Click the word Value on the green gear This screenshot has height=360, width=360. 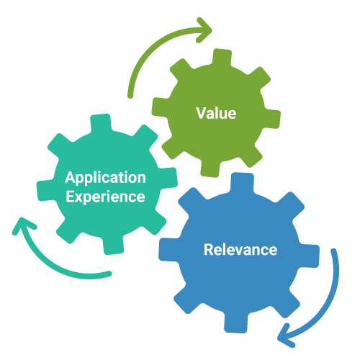click(x=216, y=113)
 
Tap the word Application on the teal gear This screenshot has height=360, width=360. click(x=105, y=178)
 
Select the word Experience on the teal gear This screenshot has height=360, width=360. click(x=105, y=197)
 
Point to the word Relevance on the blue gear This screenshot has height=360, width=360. click(x=240, y=250)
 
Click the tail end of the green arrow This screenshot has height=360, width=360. click(x=130, y=96)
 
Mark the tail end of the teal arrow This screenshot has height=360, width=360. click(x=109, y=274)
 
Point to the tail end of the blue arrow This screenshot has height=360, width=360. click(x=333, y=251)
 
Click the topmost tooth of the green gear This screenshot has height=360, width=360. click(x=222, y=57)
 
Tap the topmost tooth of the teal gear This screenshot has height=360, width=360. click(x=101, y=123)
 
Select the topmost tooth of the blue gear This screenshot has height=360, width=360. click(x=242, y=183)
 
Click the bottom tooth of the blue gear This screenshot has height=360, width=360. click(x=235, y=323)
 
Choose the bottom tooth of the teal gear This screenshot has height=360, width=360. click(x=113, y=246)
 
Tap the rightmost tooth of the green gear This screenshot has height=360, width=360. click(x=272, y=119)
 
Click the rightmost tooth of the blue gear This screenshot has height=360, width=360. click(x=309, y=256)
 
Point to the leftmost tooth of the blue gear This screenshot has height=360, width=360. click(x=169, y=250)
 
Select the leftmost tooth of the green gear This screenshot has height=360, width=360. click(x=161, y=107)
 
